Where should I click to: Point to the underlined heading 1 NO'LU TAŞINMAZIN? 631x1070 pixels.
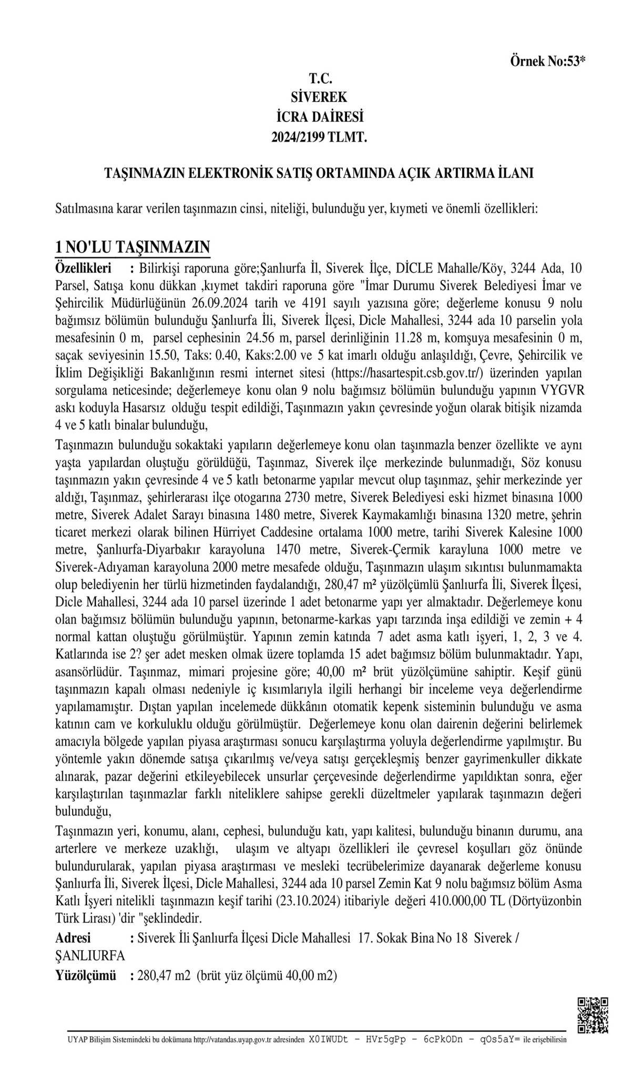coord(133,247)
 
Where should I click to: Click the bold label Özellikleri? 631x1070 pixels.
coord(84,269)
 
